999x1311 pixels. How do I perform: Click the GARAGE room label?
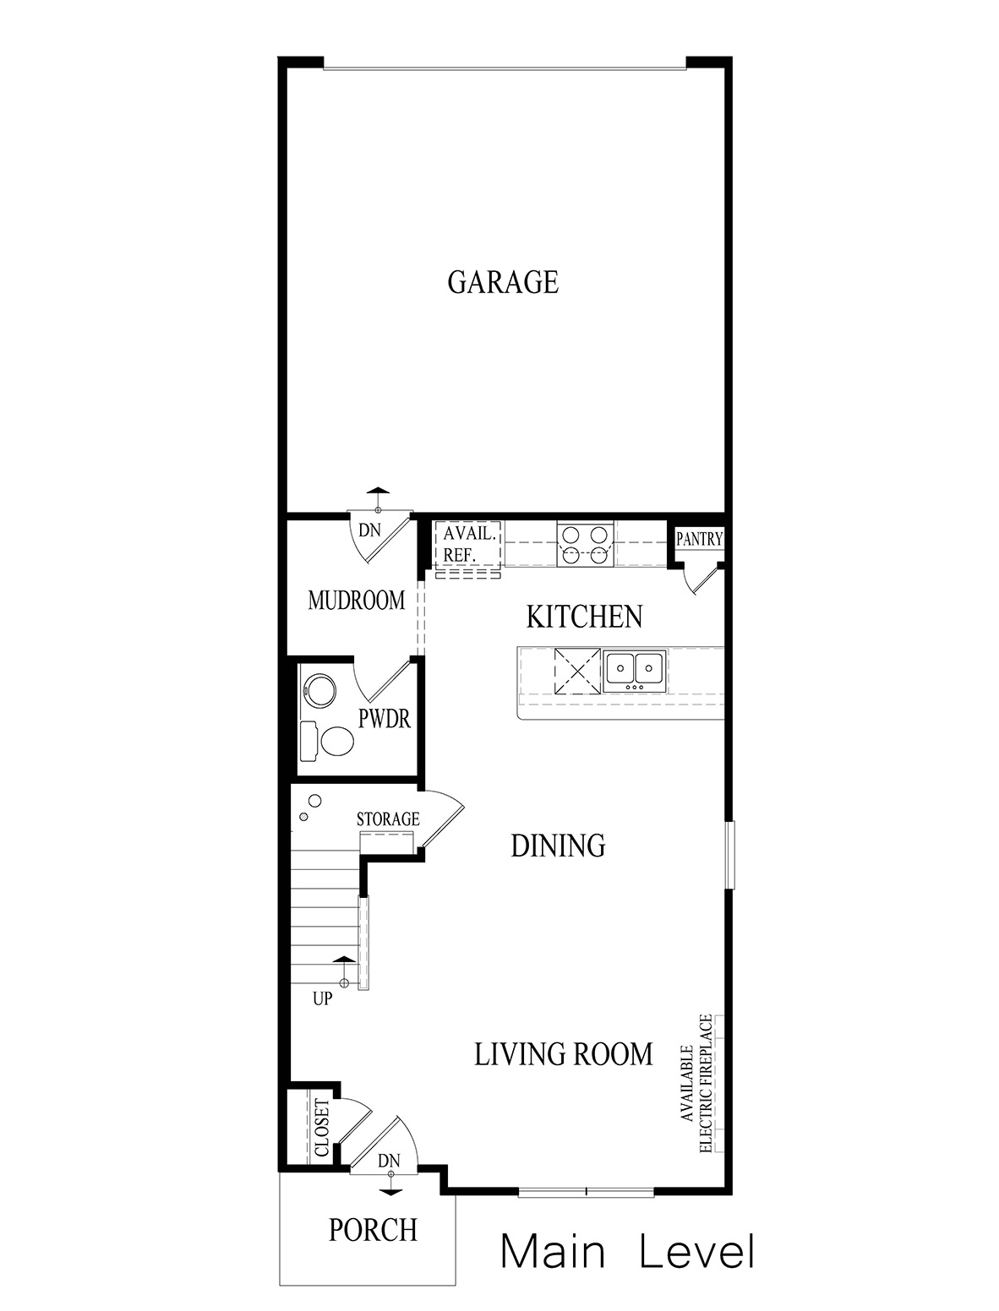(503, 282)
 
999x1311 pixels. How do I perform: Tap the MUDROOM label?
(356, 601)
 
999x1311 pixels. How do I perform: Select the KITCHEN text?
(584, 617)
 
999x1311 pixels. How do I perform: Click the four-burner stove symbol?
(584, 544)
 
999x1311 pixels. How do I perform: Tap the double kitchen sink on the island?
(635, 671)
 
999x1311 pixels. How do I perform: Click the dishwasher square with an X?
(577, 672)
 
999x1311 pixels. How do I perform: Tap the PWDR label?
(385, 719)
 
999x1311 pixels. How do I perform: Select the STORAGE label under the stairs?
(388, 819)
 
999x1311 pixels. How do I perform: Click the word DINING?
(558, 846)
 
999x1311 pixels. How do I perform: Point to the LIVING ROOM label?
(563, 1054)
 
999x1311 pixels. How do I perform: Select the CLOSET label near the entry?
(321, 1128)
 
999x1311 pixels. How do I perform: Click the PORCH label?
(373, 1230)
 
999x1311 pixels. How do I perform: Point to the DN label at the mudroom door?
(370, 530)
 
